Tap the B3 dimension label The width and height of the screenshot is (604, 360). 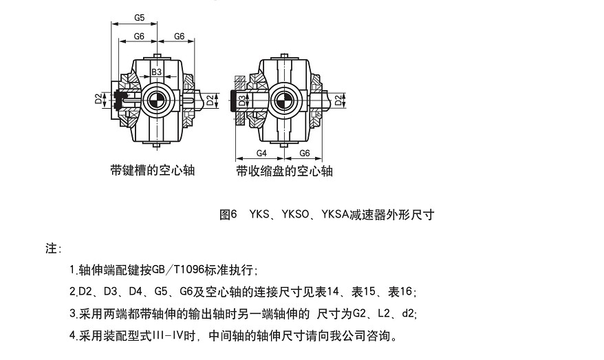coord(156,72)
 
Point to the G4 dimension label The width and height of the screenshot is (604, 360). coord(261,152)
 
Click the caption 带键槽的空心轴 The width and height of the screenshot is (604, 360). coord(152,170)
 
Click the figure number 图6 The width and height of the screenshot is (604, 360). coord(228,214)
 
